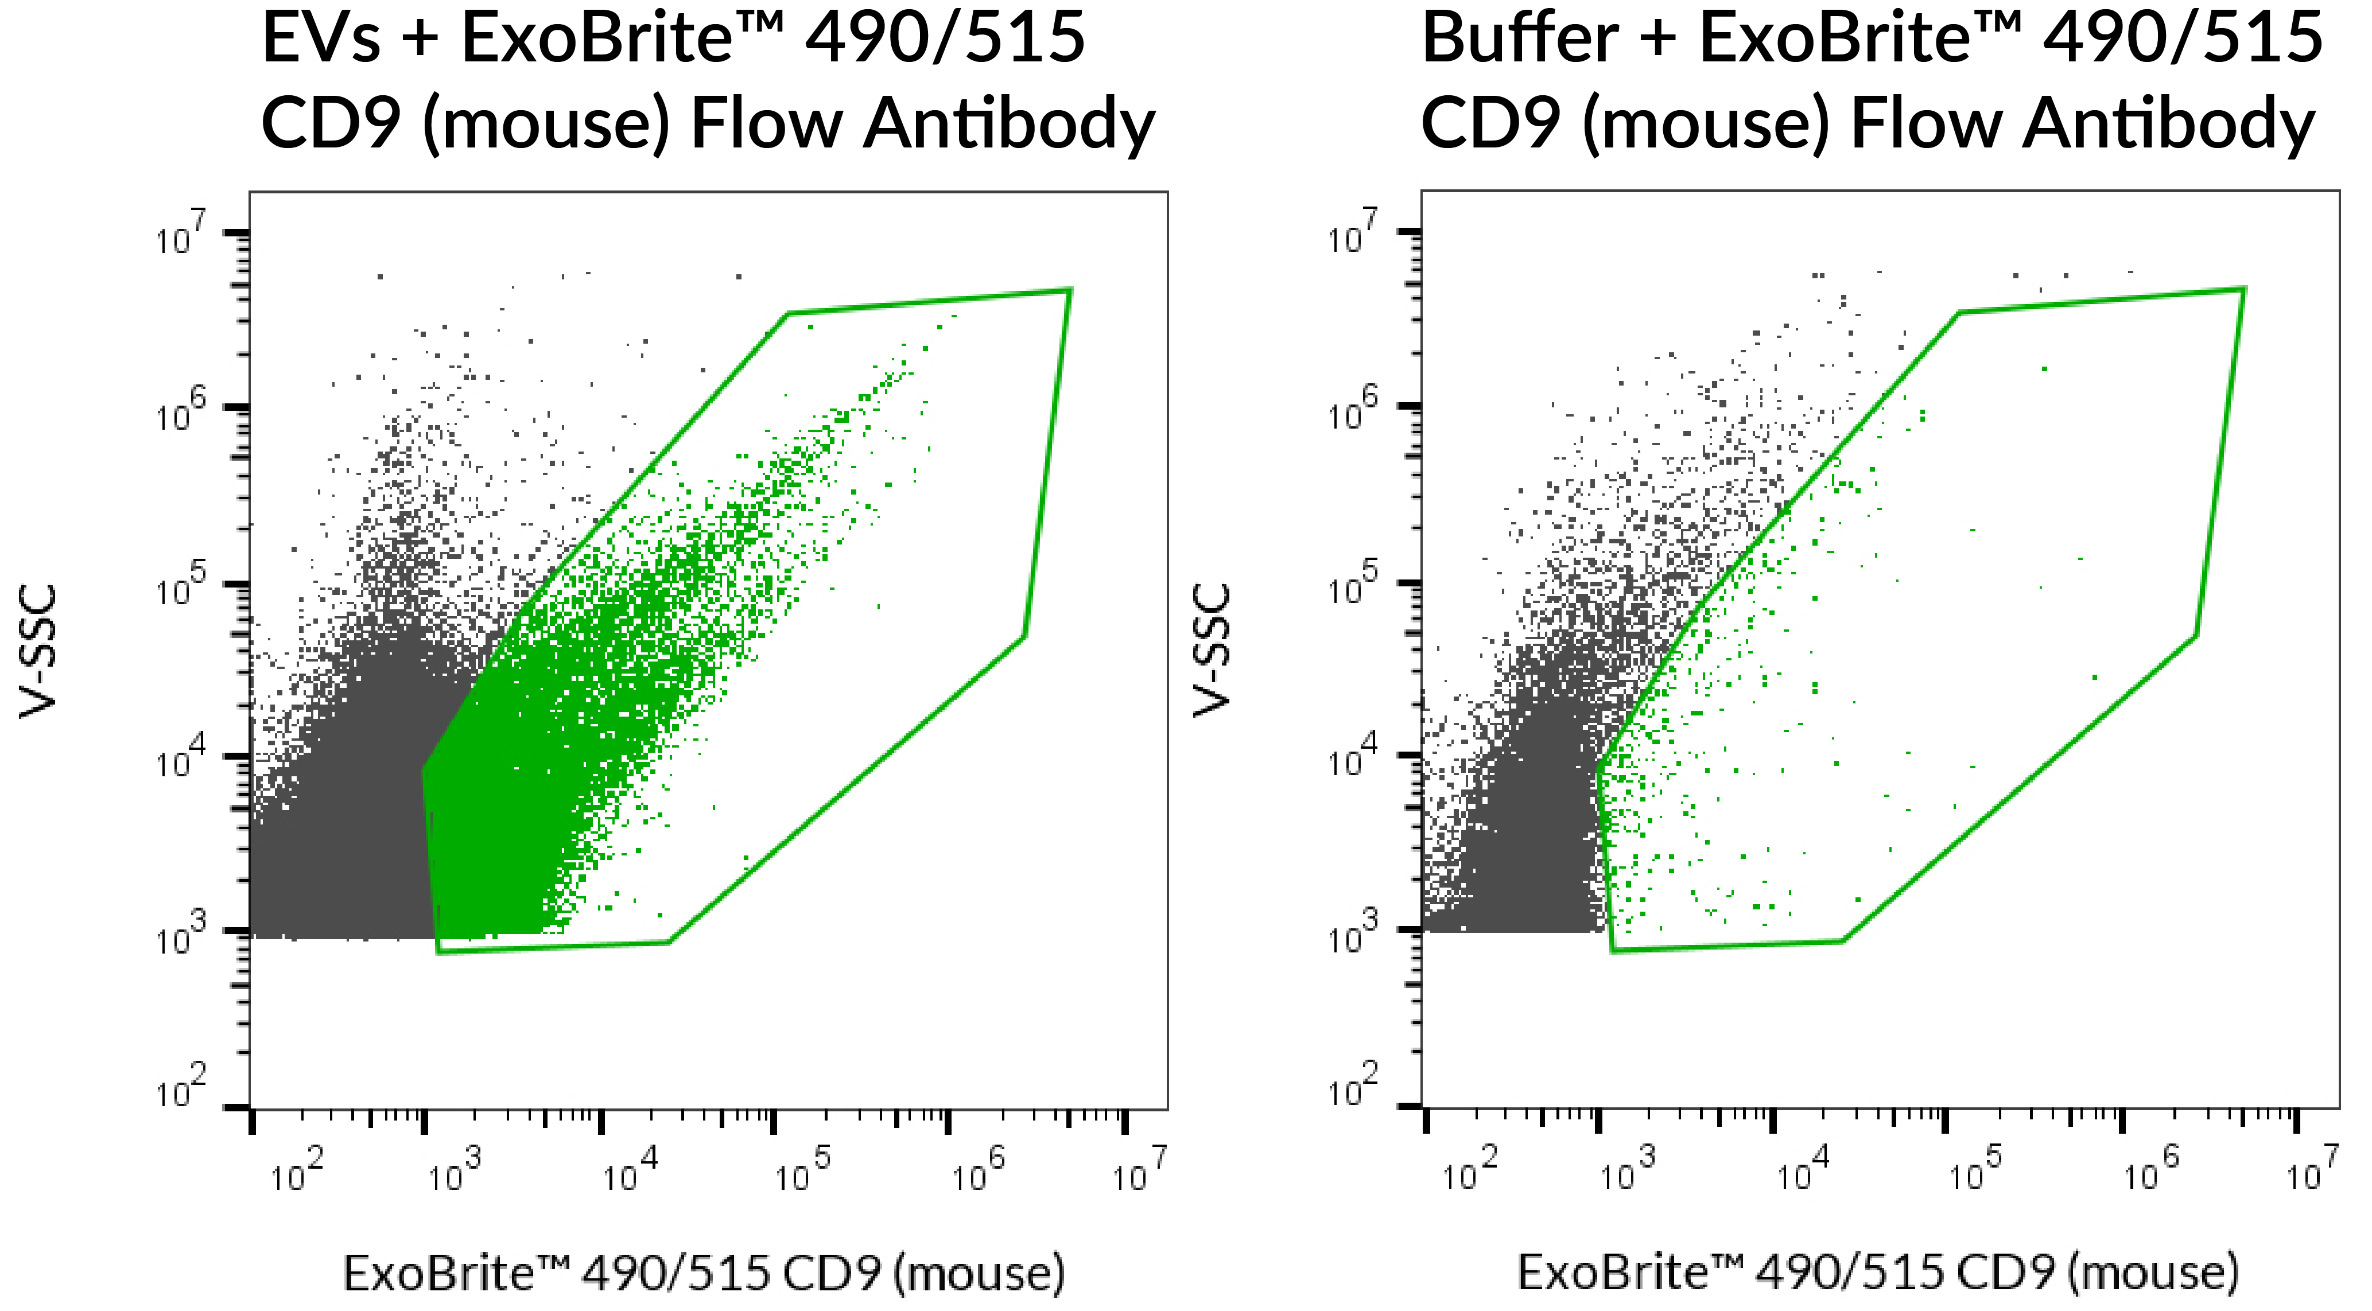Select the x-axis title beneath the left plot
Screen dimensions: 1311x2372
[x=704, y=1273]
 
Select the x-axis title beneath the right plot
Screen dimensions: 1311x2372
[x=1878, y=1273]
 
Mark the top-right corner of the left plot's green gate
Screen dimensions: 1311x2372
[x=1069, y=290]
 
